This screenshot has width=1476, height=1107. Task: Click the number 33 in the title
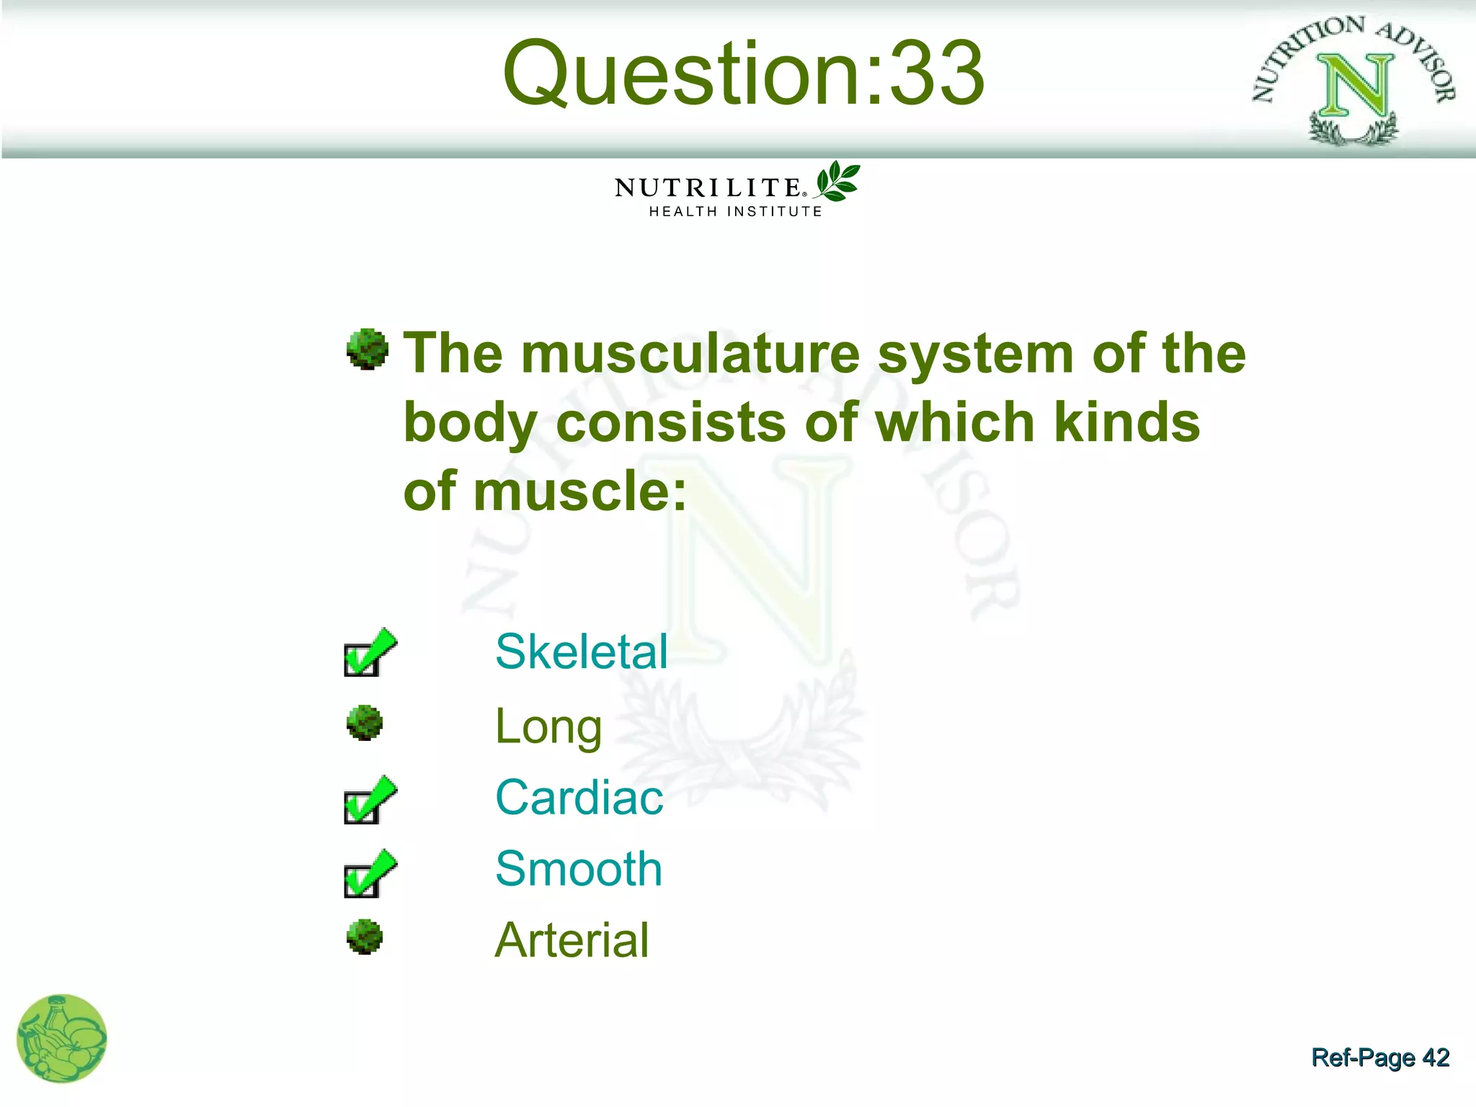(x=937, y=74)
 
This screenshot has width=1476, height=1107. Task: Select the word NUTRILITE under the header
(x=708, y=188)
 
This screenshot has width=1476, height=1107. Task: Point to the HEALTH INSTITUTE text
(x=735, y=212)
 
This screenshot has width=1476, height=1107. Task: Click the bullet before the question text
(x=368, y=350)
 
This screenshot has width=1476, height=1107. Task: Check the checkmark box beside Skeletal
(x=369, y=652)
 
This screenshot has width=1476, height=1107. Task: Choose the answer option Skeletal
(x=582, y=652)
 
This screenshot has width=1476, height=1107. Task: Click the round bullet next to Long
(x=365, y=723)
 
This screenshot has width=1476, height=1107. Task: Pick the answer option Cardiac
(x=579, y=798)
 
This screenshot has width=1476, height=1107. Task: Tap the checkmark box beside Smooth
(x=369, y=873)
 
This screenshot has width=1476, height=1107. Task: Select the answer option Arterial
(x=572, y=941)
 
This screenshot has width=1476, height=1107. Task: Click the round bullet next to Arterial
(x=365, y=937)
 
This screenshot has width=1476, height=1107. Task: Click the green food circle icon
(x=62, y=1039)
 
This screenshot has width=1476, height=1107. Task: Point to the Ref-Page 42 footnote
(x=1380, y=1057)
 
